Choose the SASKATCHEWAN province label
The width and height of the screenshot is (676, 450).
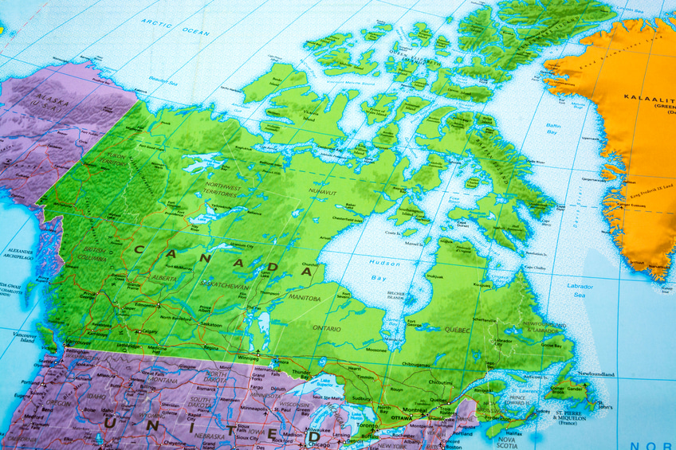(x=224, y=285)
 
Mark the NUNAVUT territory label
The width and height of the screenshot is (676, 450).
(x=325, y=191)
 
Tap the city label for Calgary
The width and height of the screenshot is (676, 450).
(x=147, y=331)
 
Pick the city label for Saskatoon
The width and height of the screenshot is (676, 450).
(x=211, y=325)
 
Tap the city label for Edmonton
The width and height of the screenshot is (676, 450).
(x=147, y=305)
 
